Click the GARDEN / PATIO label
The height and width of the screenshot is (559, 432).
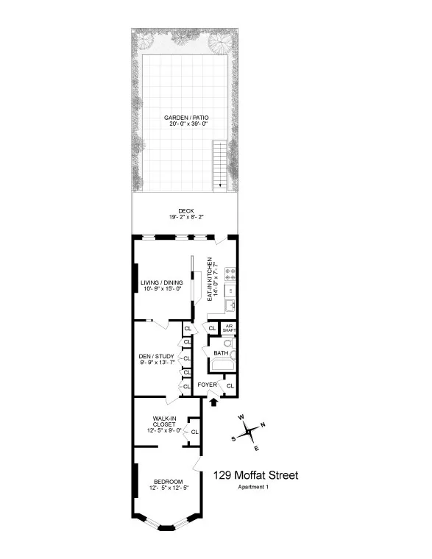point(185,120)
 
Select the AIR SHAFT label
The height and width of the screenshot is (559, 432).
point(229,329)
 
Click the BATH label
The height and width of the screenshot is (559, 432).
point(220,353)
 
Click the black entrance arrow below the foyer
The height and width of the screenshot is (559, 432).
point(213,402)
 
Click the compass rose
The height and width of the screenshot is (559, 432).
point(249,432)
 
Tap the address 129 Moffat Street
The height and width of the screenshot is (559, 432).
point(255,476)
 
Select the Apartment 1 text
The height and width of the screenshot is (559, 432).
point(254,488)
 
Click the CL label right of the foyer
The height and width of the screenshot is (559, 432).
point(230,385)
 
